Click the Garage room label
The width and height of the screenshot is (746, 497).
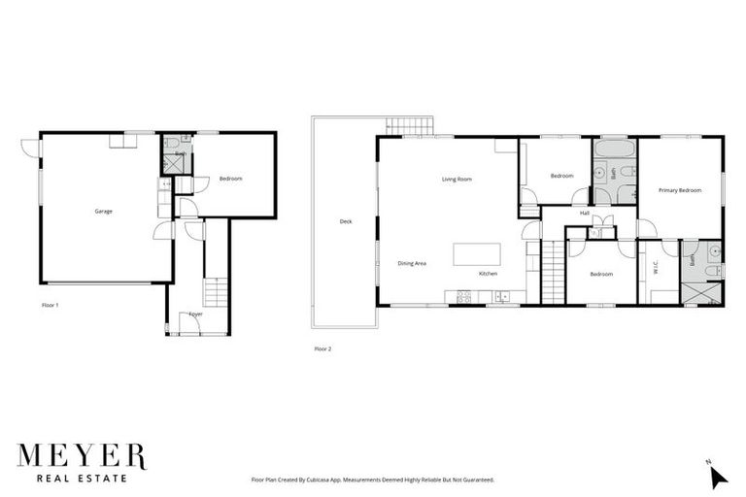point(103,212)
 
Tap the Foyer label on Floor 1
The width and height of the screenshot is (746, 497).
point(195,314)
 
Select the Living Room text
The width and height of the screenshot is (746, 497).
point(457,179)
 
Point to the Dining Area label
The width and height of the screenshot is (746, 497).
point(412,263)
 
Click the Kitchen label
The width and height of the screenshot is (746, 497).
point(488,274)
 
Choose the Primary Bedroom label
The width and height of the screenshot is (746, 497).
point(680,190)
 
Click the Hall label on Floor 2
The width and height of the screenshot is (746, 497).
point(585,213)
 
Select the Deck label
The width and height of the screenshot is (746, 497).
point(346,221)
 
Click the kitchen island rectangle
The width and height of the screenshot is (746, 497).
point(477,253)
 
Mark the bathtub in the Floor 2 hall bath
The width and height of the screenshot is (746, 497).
point(614,150)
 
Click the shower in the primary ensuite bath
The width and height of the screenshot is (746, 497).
point(702,294)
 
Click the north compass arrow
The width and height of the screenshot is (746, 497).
point(718,476)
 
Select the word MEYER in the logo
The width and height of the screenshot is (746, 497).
point(81,456)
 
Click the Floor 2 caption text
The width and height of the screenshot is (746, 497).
point(322,348)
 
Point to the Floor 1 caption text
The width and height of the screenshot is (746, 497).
point(51,305)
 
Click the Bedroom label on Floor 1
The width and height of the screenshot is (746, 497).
point(230,179)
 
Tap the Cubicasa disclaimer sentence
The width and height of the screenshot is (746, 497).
point(373,480)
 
